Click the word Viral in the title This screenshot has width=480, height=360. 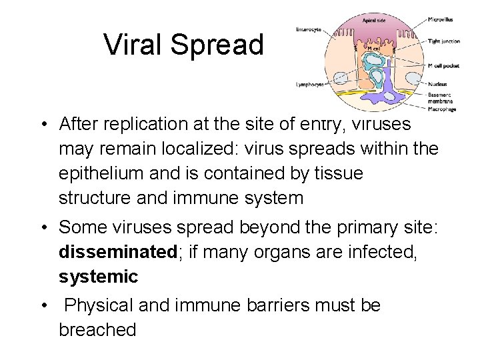point(133,45)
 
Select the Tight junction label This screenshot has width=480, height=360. point(444,41)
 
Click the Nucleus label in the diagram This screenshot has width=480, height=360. point(438,84)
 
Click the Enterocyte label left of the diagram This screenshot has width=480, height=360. point(309,29)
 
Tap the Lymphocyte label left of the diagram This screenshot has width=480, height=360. point(310,84)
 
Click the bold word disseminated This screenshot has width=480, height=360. point(117,252)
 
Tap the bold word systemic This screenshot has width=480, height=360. point(98,277)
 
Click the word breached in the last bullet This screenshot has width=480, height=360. point(97,329)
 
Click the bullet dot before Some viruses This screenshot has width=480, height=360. point(42,227)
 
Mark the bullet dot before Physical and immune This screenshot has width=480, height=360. point(42,305)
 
